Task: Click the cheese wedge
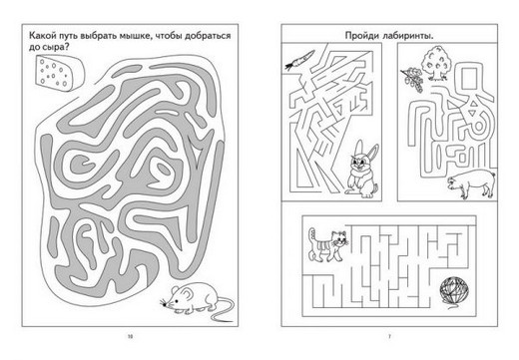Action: [59, 73]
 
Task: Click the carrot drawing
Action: [299, 60]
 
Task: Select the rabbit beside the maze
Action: [362, 170]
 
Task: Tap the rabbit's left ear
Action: [358, 148]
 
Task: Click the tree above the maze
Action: [435, 63]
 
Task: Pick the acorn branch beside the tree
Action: [412, 80]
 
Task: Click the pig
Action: [471, 183]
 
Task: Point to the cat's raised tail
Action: [311, 237]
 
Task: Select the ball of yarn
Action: [454, 291]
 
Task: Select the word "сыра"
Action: [55, 48]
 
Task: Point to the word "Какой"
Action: [41, 35]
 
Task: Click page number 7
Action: [389, 336]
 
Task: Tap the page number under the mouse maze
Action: [130, 336]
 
